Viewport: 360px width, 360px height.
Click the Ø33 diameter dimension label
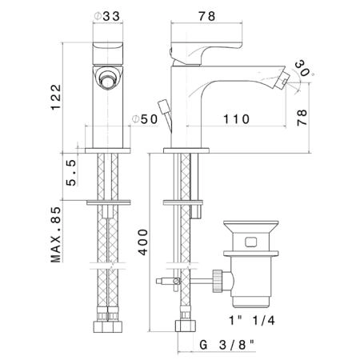click(107, 16)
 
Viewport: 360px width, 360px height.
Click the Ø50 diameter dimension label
click(146, 119)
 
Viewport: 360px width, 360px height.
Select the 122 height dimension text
click(56, 97)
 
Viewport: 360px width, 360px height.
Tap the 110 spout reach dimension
click(236, 119)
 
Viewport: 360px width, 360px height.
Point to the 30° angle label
click(303, 68)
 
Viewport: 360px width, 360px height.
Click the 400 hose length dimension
click(143, 242)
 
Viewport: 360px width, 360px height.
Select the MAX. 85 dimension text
click(56, 234)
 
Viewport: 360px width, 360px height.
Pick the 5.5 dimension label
click(71, 173)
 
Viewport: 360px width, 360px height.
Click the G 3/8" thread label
click(227, 345)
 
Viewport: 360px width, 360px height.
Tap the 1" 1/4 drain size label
click(252, 320)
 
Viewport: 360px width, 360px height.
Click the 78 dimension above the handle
click(206, 16)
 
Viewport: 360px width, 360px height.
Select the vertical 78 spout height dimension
click(302, 118)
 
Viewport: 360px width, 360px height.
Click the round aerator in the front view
click(107, 78)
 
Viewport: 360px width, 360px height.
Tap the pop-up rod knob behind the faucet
click(162, 106)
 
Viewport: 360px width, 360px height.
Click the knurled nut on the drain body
click(218, 281)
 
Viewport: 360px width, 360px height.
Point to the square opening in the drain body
click(251, 242)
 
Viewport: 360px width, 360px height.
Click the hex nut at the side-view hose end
click(186, 326)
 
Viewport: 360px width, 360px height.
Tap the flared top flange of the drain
click(250, 226)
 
